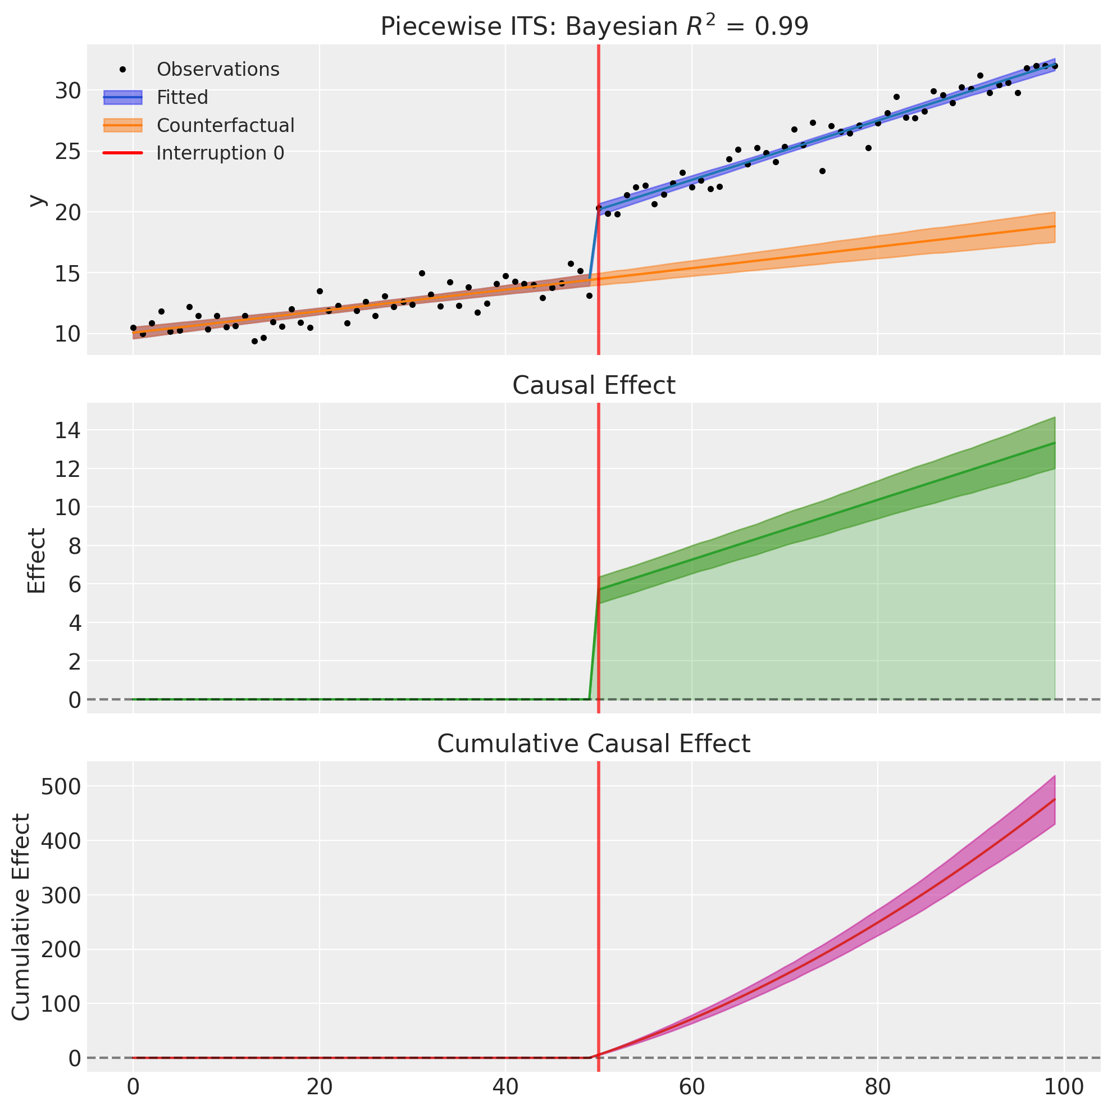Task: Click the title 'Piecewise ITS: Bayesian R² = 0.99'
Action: click(594, 26)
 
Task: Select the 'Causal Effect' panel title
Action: click(594, 385)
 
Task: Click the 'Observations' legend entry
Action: click(217, 70)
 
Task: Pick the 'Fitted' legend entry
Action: click(182, 97)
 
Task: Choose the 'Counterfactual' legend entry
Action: click(225, 125)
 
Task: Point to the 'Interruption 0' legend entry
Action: click(220, 153)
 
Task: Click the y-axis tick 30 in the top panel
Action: click(68, 90)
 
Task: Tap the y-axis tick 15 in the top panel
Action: click(68, 273)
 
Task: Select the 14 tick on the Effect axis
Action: click(68, 431)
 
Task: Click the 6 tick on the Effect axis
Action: click(74, 584)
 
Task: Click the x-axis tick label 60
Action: click(692, 1089)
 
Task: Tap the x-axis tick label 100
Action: click(1064, 1089)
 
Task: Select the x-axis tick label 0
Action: click(133, 1089)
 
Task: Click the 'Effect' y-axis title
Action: click(37, 560)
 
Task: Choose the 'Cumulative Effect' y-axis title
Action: click(21, 917)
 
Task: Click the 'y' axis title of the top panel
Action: click(37, 200)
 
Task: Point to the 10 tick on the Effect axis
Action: click(68, 507)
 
